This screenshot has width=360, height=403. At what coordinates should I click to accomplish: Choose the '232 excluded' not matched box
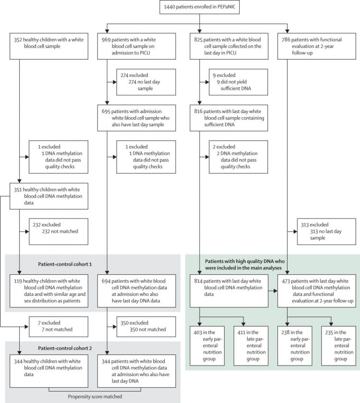tap(58, 231)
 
